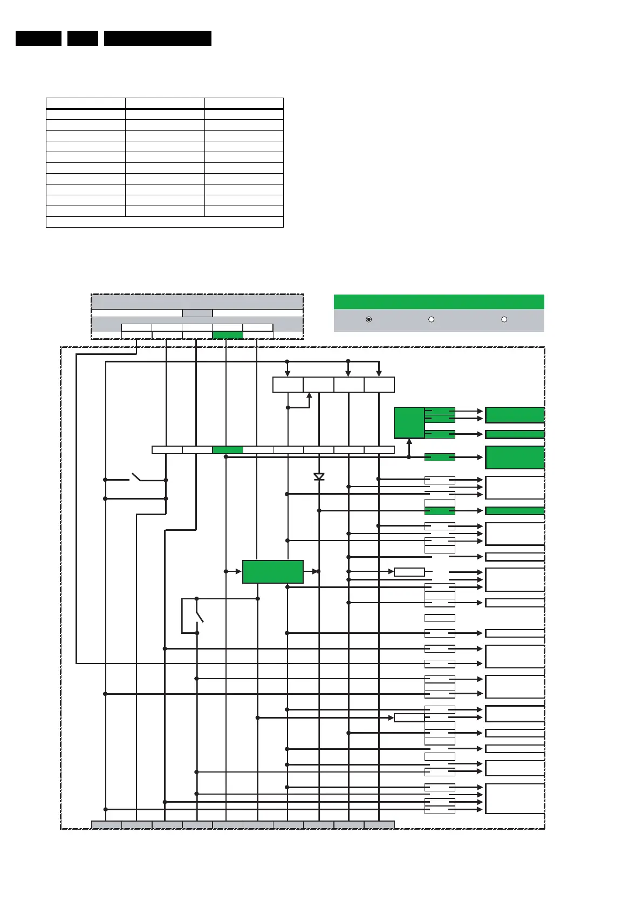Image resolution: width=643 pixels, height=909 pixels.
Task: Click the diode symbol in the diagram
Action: tap(319, 476)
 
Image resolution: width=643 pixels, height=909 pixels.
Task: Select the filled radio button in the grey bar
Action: tap(369, 319)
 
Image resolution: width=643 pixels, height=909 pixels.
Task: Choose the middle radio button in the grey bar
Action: tap(431, 319)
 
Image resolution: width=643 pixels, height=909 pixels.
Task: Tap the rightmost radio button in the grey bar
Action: tap(504, 319)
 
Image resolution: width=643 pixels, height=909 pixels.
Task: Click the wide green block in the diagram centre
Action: tap(273, 571)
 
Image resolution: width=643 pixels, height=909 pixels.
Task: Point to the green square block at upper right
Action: tap(409, 423)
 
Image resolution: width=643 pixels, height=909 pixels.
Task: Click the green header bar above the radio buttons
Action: tap(439, 302)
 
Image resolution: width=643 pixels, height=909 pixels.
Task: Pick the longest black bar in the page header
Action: tap(158, 38)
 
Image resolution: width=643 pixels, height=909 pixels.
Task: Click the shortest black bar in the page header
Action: tap(83, 38)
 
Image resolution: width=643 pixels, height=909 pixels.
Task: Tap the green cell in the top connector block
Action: tap(228, 335)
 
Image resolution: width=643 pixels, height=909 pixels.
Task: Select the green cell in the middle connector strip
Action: tap(228, 449)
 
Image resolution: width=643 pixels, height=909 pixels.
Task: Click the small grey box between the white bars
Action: tap(197, 313)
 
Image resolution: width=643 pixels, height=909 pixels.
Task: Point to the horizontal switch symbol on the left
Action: tap(135, 478)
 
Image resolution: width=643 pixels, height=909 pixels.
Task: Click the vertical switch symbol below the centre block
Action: tap(198, 616)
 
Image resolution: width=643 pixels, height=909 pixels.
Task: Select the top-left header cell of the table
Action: tap(86, 103)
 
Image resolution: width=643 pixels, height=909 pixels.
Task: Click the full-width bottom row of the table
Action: tap(165, 222)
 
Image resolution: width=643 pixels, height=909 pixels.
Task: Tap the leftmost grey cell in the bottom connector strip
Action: tap(106, 824)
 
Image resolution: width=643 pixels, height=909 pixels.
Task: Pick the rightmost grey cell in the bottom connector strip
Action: tap(379, 824)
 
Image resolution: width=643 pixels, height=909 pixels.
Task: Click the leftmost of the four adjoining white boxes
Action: tap(288, 385)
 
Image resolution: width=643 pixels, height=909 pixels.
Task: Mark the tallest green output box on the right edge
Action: tap(515, 457)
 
